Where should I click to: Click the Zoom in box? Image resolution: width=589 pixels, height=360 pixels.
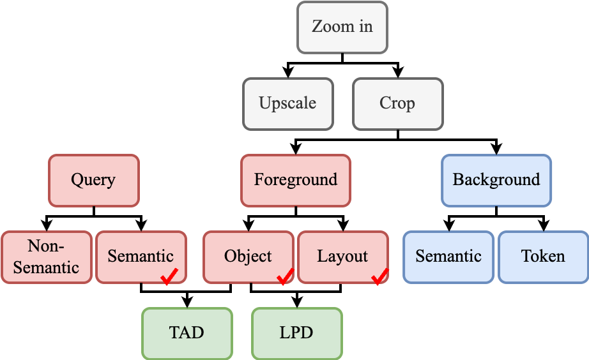pos(342,27)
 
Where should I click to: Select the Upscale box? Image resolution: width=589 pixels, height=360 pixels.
pos(287,103)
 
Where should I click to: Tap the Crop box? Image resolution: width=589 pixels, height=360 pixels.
pos(397,103)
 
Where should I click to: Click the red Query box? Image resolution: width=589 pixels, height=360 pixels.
pos(93,180)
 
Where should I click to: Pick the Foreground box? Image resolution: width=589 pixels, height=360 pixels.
pos(295,180)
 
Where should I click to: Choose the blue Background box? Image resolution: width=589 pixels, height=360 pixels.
pos(496,180)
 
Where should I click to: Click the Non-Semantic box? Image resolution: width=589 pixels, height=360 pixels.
pos(46,257)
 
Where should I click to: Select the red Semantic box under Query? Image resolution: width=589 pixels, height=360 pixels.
pos(141,257)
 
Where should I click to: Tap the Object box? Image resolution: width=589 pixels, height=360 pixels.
pos(249,257)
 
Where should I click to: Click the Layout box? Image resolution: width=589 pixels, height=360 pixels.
pos(342,257)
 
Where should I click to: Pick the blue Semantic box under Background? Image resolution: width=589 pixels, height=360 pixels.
pos(448,257)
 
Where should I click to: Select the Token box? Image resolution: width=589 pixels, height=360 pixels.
pos(543,257)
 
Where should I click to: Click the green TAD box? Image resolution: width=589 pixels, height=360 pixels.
pos(187,333)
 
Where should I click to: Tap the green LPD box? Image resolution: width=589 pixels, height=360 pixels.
pos(296,333)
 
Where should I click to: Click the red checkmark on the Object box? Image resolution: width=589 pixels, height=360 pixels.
pos(285,276)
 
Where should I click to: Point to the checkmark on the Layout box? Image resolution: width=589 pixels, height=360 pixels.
pos(380,276)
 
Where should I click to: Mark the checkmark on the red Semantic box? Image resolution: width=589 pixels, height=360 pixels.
pos(169,276)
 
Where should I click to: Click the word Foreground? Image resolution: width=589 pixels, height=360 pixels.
pos(295,180)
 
